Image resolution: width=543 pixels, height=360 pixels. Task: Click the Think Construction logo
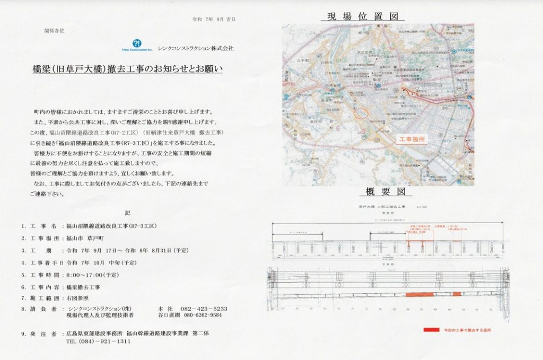[137, 45]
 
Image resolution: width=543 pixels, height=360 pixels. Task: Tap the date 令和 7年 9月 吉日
[214, 20]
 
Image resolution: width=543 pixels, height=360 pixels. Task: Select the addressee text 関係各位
[54, 31]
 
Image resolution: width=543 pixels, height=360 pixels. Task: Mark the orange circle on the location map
[360, 112]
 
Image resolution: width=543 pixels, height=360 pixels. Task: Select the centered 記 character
[127, 213]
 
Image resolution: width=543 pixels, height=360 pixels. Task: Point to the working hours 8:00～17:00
[92, 275]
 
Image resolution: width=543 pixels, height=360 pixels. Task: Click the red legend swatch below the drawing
[431, 329]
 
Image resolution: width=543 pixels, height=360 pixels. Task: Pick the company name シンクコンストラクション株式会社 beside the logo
[195, 48]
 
